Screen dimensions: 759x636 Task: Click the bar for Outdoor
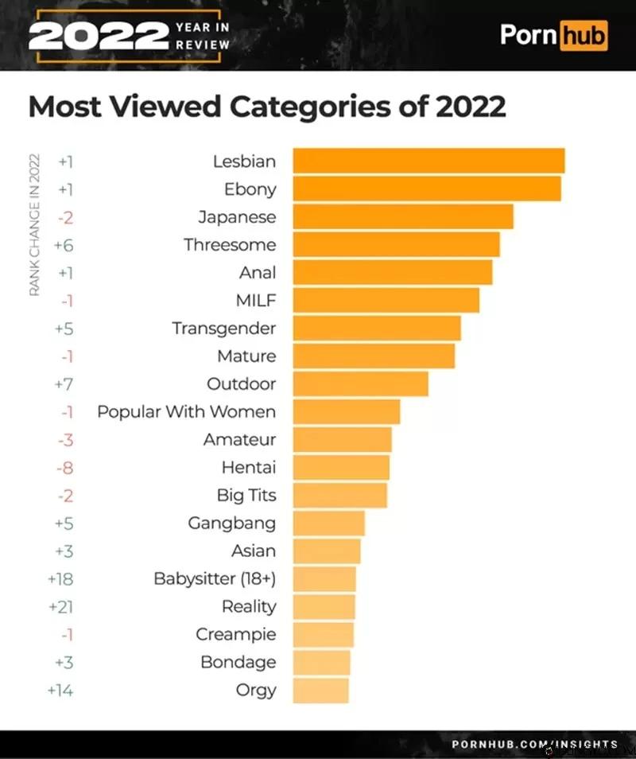pyautogui.click(x=360, y=383)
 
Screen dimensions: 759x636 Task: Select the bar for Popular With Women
pyautogui.click(x=346, y=411)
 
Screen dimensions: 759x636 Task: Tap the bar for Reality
pyautogui.click(x=324, y=606)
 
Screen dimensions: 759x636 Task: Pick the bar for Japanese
pyautogui.click(x=402, y=216)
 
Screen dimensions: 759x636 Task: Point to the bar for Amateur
pyautogui.click(x=342, y=439)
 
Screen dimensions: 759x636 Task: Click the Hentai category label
pyautogui.click(x=248, y=467)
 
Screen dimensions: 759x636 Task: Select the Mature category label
pyautogui.click(x=246, y=356)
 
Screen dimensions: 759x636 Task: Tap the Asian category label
pyautogui.click(x=254, y=551)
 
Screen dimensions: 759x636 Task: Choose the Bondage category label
pyautogui.click(x=238, y=662)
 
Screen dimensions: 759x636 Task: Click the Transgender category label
pyautogui.click(x=223, y=328)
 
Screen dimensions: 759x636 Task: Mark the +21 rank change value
pyautogui.click(x=61, y=606)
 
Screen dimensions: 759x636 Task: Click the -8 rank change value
pyautogui.click(x=64, y=467)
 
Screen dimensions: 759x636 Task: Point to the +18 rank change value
pyautogui.click(x=61, y=578)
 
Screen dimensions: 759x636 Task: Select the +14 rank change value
pyautogui.click(x=60, y=690)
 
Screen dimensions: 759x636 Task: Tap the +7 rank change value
pyautogui.click(x=64, y=383)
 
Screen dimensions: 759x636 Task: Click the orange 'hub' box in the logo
pyautogui.click(x=583, y=36)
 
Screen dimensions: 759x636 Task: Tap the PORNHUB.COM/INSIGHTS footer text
pyautogui.click(x=534, y=744)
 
